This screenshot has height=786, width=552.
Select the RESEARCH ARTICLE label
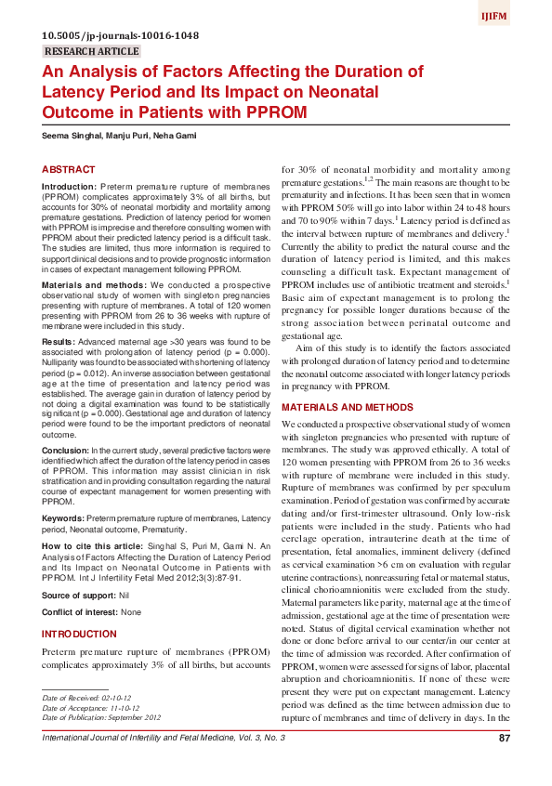point(91,51)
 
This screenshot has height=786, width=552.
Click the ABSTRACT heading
point(69,169)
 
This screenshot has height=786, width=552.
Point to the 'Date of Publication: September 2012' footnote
point(102,717)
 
